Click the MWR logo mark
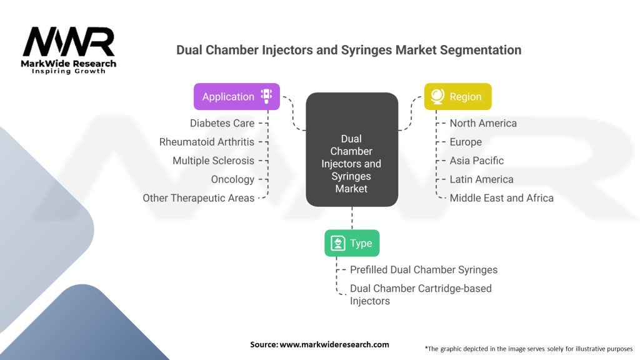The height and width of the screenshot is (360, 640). tap(69, 42)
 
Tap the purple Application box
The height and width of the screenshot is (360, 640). tap(237, 97)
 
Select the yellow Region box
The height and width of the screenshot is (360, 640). tap(458, 97)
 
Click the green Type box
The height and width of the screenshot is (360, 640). tap(352, 243)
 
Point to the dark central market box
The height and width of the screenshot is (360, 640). tap(352, 149)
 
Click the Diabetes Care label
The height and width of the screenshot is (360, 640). tap(222, 123)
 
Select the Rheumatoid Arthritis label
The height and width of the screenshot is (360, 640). tap(206, 142)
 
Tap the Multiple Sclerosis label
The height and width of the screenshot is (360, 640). tap(214, 161)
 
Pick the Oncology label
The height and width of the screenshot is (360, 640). tap(232, 179)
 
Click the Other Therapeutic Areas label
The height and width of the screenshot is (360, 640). tap(198, 198)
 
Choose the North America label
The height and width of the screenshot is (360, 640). tap(483, 123)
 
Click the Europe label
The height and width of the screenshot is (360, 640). tap(466, 142)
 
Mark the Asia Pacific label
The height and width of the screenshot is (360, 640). tap(477, 161)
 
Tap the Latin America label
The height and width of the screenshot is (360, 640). tap(482, 179)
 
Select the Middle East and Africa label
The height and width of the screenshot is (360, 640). tap(502, 198)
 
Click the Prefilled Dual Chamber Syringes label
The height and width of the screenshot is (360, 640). tap(424, 270)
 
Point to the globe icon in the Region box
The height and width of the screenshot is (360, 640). tap(437, 96)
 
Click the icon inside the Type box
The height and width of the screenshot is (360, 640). tap(338, 243)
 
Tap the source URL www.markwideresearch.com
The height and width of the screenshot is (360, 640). tap(334, 344)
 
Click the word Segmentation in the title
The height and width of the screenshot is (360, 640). tap(480, 50)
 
